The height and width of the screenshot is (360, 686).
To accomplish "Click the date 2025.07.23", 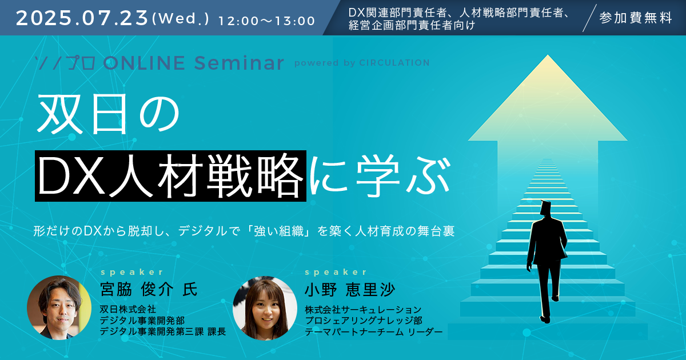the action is (82, 18).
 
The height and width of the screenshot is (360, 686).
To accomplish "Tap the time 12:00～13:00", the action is (267, 21).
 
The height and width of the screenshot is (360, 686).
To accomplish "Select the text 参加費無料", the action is (636, 18).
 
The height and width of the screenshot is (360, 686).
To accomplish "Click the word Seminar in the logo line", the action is (239, 63).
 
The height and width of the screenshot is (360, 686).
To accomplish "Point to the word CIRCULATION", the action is (394, 63).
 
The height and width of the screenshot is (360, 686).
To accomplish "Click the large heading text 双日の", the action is (109, 114).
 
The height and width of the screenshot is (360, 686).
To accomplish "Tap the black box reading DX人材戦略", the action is (170, 176).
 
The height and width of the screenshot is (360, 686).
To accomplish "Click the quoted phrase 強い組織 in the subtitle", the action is (279, 231).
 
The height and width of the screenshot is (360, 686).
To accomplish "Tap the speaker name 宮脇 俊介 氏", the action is (149, 289).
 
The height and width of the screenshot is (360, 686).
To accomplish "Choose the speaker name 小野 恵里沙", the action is (350, 290).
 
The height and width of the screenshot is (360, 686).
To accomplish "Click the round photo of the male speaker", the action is (59, 307).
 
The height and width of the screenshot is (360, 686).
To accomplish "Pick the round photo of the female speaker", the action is (265, 308).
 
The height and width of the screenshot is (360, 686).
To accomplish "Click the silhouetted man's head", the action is (545, 208).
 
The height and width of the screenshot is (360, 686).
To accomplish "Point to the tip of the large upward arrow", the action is (548, 55).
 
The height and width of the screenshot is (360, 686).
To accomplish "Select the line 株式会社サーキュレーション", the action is (363, 310).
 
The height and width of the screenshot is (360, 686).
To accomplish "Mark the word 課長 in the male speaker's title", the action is (217, 331).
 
